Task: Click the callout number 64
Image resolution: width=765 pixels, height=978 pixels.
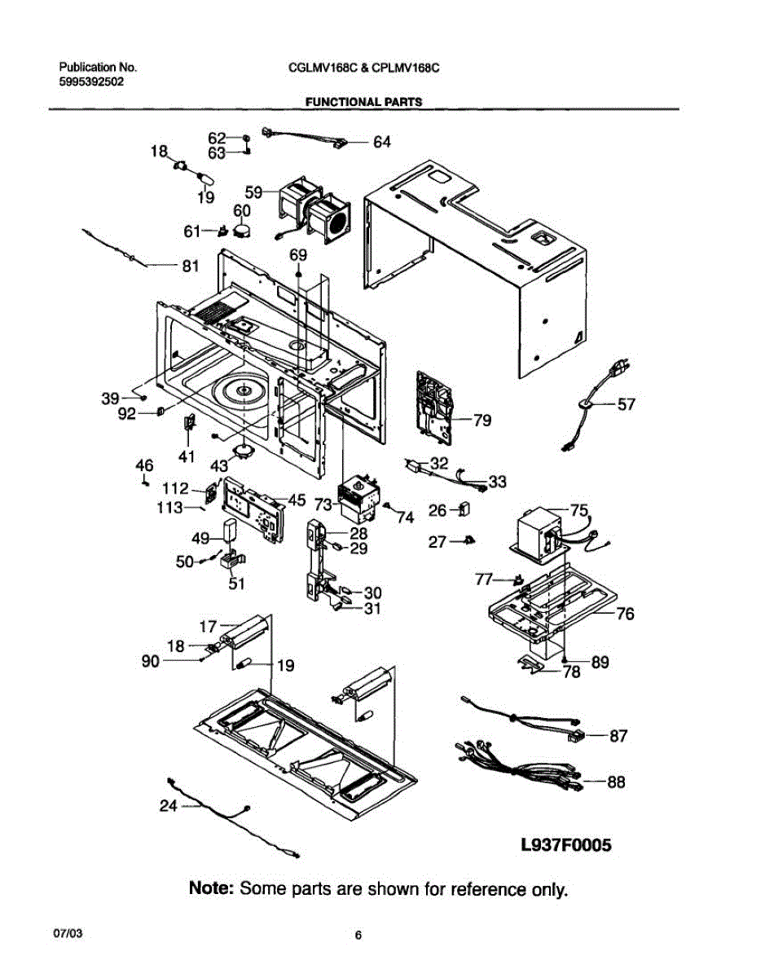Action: point(381,142)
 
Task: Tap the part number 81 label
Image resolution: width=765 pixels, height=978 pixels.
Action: point(189,265)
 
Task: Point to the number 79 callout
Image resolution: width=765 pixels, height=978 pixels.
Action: point(482,421)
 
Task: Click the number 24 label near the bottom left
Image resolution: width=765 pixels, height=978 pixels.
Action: point(168,807)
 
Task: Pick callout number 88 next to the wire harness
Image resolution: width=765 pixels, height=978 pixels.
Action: point(616,782)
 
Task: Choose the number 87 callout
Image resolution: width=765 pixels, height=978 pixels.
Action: point(618,736)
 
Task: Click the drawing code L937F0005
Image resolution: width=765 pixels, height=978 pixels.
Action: point(565,845)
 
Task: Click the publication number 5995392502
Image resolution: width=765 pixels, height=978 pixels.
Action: point(91,81)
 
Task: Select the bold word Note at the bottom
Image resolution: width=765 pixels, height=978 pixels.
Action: point(212,888)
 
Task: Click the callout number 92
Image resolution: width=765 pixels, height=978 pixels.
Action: point(126,413)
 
